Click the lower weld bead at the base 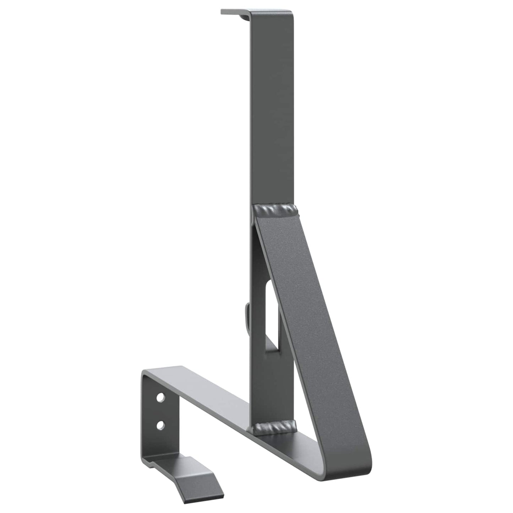point(275,426)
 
